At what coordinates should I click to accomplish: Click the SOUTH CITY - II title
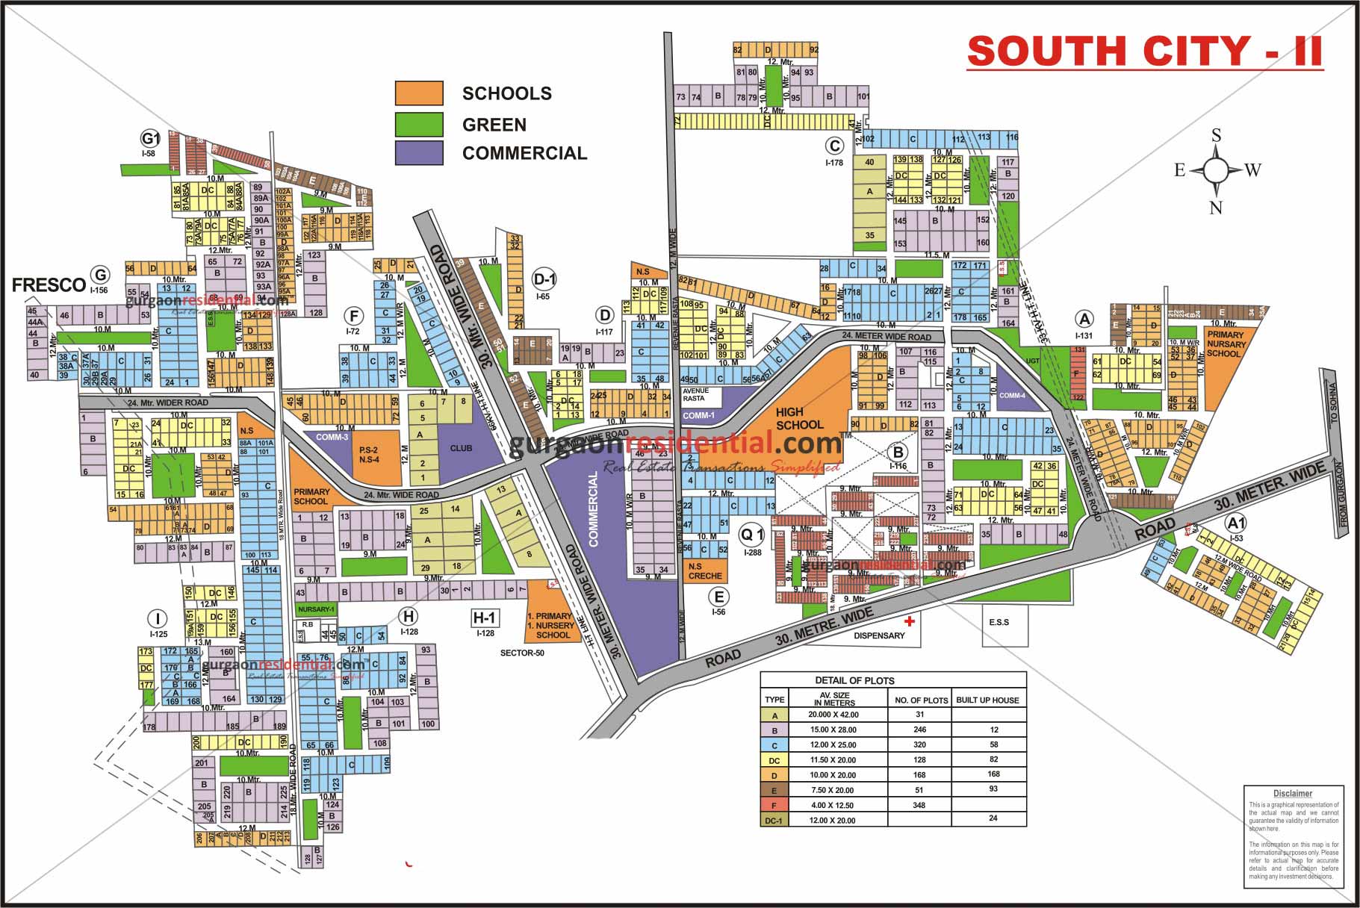1144,52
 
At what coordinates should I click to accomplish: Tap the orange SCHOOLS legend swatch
419,93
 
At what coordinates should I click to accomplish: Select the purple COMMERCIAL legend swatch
419,153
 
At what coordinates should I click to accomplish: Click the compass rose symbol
1216,171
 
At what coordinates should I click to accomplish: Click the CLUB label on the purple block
461,448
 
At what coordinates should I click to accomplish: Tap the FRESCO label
49,284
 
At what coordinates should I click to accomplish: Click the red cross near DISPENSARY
909,621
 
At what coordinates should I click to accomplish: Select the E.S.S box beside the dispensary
999,622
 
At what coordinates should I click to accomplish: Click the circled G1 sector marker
150,138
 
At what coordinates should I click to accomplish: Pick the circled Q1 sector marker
751,535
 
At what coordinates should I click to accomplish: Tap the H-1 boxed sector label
485,618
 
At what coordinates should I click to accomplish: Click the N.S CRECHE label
705,571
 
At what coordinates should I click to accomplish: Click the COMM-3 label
332,438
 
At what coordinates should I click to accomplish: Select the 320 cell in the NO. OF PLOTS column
919,744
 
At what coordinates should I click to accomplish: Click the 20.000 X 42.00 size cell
833,715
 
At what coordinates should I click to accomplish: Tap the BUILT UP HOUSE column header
987,700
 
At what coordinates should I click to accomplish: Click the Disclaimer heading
1292,793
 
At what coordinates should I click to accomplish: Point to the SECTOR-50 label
522,653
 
